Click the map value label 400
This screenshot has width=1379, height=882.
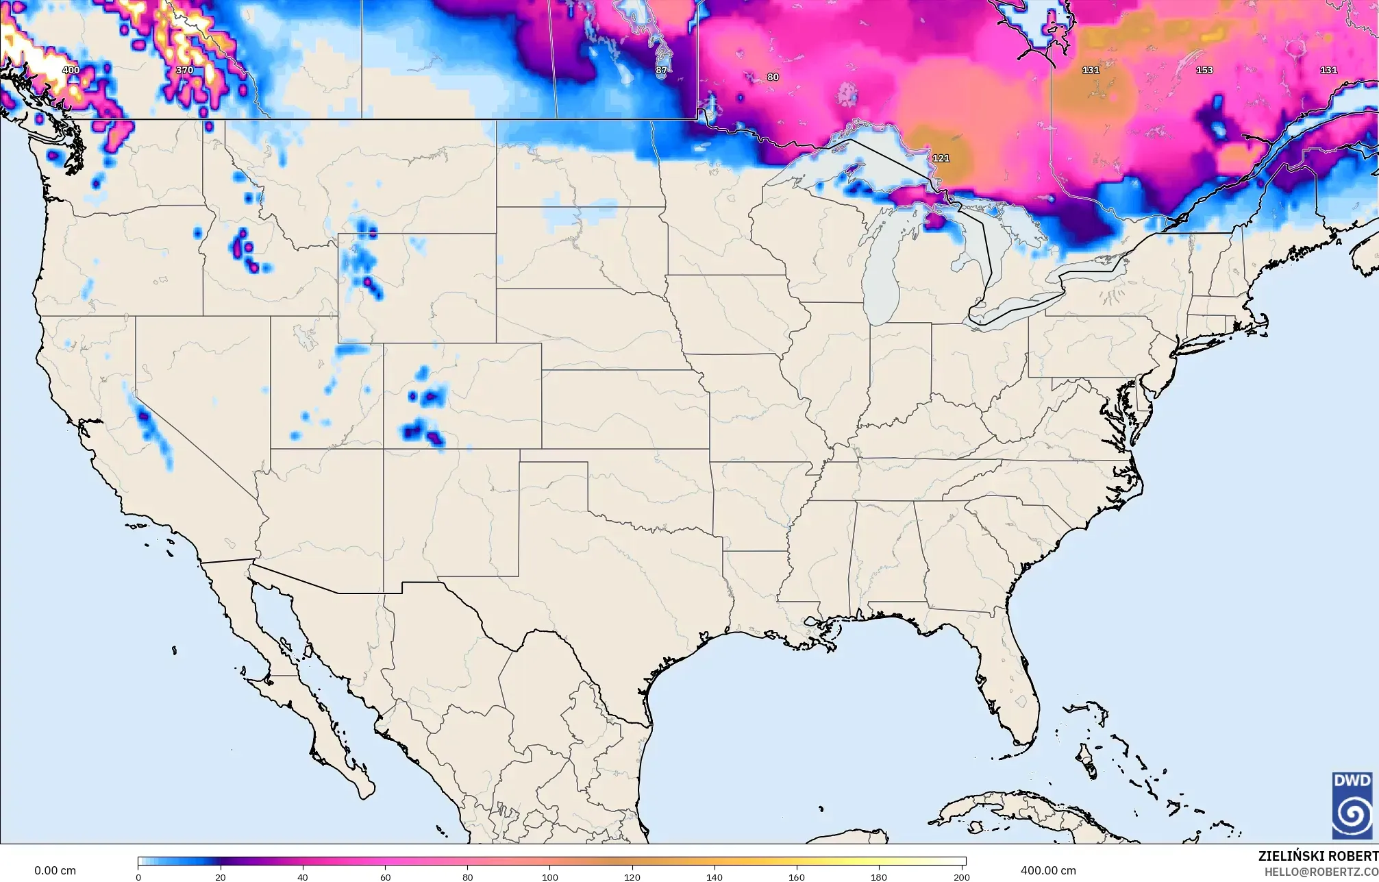coord(71,70)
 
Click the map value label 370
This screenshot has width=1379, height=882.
coord(184,70)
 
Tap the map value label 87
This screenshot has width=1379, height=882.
coord(661,70)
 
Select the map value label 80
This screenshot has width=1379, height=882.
coord(773,77)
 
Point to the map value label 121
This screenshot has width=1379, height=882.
coord(941,158)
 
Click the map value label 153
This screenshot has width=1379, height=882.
coord(1204,70)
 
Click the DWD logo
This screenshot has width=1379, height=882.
coord(1352,805)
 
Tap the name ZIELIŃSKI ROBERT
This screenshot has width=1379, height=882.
coord(1317,856)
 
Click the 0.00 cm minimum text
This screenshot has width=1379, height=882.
coord(55,870)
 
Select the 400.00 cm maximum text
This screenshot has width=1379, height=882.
coord(1047,870)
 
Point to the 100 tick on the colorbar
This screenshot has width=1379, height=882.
coord(550,877)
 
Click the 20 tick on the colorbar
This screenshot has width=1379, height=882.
coord(220,877)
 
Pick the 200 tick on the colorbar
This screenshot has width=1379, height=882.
coord(962,877)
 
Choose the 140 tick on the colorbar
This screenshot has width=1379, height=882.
coord(715,877)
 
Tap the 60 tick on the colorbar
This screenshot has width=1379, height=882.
coord(385,877)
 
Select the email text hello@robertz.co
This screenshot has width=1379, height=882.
coord(1321,872)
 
